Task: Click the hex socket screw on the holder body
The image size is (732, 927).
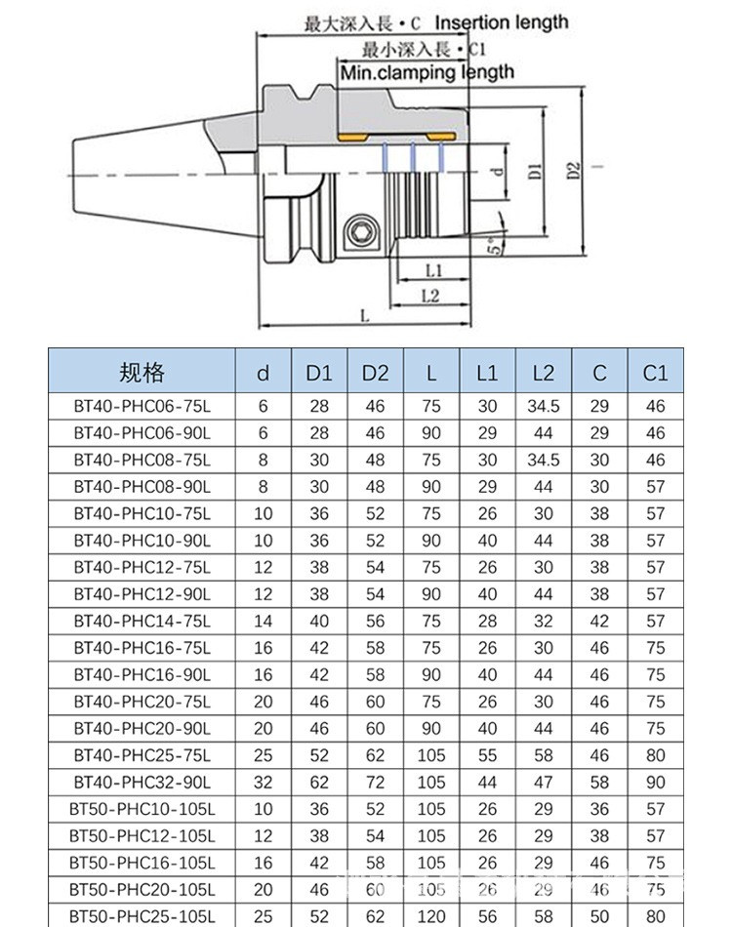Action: pos(360,234)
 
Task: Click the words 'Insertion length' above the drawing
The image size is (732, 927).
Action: pos(501,22)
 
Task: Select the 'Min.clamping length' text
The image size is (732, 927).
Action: pos(427,71)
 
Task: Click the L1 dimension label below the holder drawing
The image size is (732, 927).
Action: pos(435,268)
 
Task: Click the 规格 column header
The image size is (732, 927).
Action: pos(142,372)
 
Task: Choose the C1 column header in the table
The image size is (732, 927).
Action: pos(655,372)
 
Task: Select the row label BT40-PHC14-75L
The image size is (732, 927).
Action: pos(142,621)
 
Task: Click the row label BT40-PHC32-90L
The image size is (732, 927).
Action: pos(142,783)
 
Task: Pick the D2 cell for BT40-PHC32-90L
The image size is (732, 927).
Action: pos(375,783)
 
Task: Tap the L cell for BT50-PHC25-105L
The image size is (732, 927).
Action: pos(431,917)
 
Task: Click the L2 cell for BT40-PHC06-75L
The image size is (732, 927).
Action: pos(544,406)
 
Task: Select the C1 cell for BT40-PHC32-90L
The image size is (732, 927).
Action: pos(655,783)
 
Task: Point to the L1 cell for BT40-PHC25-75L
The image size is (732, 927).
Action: pos(487,755)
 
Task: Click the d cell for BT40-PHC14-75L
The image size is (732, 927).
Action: pos(263,621)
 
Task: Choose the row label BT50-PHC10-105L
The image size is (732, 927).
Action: pos(142,809)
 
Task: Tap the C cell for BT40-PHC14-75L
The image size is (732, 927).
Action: pos(599,621)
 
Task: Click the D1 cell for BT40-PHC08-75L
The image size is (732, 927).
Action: pos(319,460)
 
